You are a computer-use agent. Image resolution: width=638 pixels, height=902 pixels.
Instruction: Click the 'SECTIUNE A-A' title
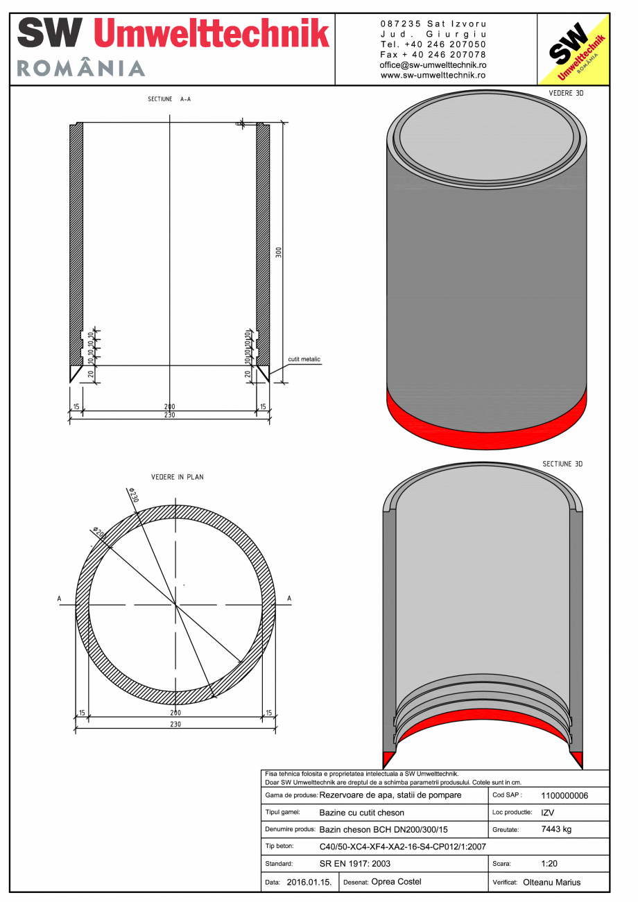point(169,99)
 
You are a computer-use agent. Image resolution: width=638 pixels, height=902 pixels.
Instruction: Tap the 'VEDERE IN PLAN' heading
point(177,477)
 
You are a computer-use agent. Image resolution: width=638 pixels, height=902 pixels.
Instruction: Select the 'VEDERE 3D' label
point(566,92)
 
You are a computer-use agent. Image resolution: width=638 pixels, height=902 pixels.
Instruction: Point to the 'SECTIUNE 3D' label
point(562,464)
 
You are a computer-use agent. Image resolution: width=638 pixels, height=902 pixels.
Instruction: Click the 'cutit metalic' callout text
point(304,359)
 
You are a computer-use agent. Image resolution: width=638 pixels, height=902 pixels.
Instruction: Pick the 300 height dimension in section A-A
point(279,252)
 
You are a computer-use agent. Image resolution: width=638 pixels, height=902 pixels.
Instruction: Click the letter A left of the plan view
point(60,599)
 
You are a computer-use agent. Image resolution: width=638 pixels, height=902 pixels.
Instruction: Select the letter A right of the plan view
point(289,599)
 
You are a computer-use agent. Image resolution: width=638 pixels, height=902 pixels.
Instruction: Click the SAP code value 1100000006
point(564,796)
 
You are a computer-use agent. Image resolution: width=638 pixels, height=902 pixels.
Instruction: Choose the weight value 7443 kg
point(555,829)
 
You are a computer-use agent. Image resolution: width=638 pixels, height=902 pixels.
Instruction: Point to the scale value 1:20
point(550,864)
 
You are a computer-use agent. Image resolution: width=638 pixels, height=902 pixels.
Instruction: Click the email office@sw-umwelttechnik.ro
point(433,64)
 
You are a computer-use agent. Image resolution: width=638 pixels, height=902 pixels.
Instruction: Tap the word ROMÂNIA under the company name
point(80,68)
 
